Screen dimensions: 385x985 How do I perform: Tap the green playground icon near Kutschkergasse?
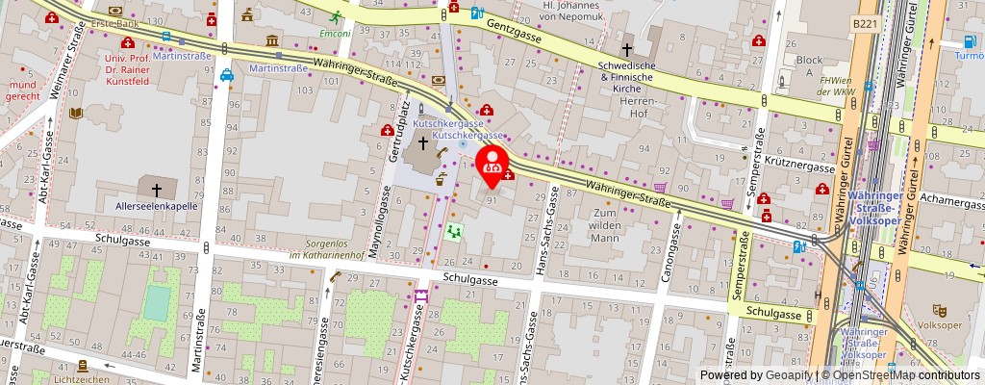tap(454, 232)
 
